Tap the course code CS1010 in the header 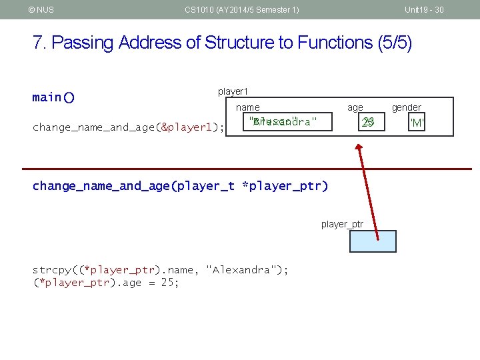click(198, 9)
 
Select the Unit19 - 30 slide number click(424, 9)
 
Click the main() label click(53, 97)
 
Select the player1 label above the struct click(233, 91)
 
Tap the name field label click(248, 107)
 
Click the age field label click(355, 107)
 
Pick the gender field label click(406, 107)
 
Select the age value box click(367, 122)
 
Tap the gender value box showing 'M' click(417, 123)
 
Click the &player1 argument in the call click(189, 127)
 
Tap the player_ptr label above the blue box click(342, 224)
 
